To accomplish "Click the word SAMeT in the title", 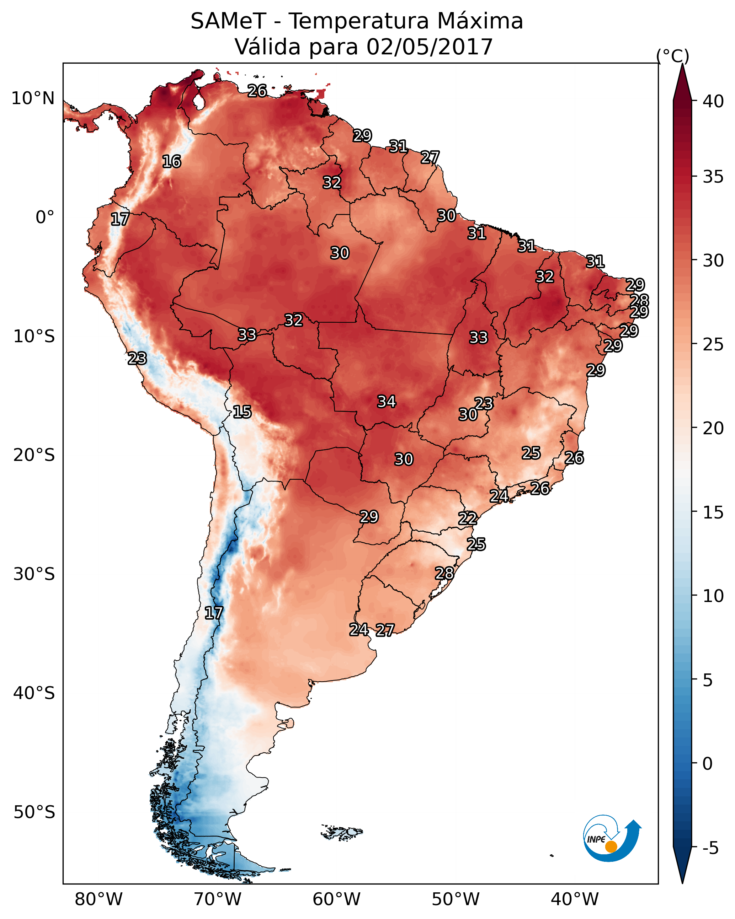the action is [228, 21].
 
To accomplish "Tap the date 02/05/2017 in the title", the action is [429, 47].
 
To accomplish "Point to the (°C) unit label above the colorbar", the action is [672, 56].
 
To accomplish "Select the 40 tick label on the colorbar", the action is [713, 101].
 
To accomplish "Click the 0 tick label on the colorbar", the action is [707, 764].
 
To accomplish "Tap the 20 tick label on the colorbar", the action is [713, 428].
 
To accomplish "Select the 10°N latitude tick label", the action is [33, 98].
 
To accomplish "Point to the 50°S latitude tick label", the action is [34, 812].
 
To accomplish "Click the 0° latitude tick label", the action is [45, 217].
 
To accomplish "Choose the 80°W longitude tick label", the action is [98, 899].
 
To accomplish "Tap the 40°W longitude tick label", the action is [575, 899].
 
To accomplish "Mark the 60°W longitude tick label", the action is [337, 899].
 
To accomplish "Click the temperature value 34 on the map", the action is [387, 402].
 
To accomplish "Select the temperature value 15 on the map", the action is [242, 412].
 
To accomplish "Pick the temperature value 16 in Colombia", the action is [171, 162].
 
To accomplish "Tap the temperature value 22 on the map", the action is [468, 518].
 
